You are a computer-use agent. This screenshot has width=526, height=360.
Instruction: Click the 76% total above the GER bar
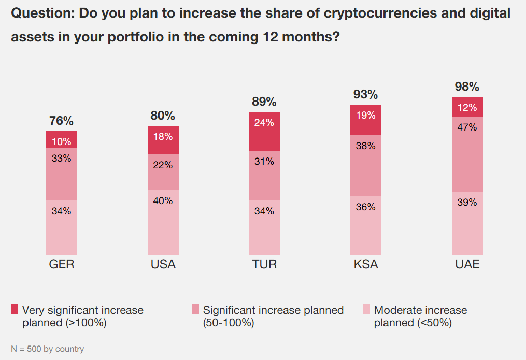click(x=61, y=121)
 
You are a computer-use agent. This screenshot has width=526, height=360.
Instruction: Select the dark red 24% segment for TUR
click(x=264, y=131)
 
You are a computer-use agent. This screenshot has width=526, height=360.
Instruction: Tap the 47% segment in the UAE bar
click(x=467, y=154)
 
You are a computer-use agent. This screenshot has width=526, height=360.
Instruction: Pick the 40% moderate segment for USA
click(x=163, y=222)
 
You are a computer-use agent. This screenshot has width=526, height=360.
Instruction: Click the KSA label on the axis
click(x=366, y=265)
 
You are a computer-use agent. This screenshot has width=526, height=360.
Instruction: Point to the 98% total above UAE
click(x=467, y=87)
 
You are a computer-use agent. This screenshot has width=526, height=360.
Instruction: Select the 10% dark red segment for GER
click(x=62, y=139)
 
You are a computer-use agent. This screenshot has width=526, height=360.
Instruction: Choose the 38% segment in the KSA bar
click(x=366, y=166)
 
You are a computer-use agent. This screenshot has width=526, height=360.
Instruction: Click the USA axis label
click(x=163, y=265)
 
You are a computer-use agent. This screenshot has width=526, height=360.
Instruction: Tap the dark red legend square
click(x=15, y=310)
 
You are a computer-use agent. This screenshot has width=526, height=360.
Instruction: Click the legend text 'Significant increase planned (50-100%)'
click(x=273, y=316)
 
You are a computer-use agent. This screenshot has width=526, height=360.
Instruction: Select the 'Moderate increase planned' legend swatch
click(x=365, y=310)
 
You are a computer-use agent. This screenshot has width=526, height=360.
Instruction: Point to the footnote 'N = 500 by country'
click(x=47, y=349)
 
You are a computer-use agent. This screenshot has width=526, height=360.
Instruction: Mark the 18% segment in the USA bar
click(x=163, y=140)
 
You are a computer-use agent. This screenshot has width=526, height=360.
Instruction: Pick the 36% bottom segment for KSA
click(x=366, y=225)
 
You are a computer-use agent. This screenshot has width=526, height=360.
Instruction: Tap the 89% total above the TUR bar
click(x=264, y=102)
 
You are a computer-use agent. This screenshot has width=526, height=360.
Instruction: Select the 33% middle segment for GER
click(x=62, y=174)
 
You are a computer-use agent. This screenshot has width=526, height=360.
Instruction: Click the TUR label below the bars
click(x=264, y=265)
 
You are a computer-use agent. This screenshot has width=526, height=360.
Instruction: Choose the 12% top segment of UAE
click(x=467, y=107)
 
